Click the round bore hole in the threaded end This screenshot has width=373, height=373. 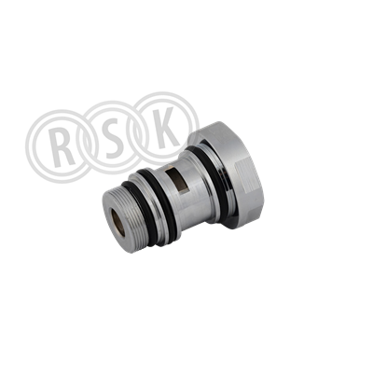[x=118, y=222]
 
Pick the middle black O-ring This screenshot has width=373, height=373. [x=159, y=203]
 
